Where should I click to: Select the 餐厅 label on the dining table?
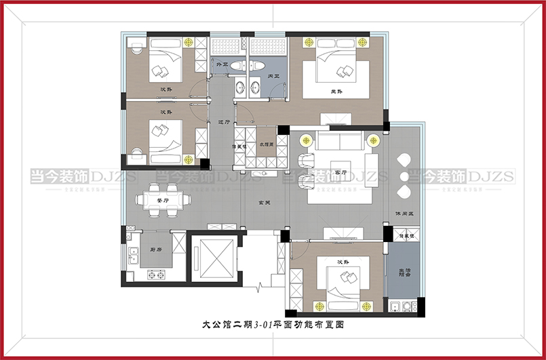162,201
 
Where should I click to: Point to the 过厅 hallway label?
223,123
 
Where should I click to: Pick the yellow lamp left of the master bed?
309,43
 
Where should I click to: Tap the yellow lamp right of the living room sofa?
372,140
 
